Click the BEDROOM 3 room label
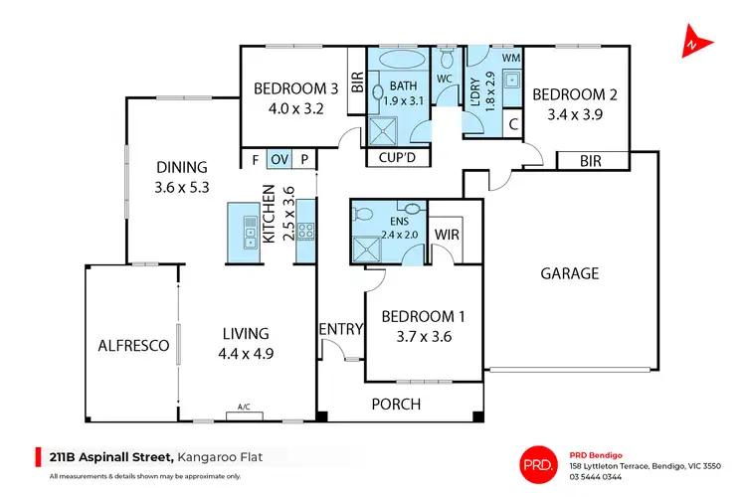(x=295, y=88)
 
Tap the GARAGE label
(x=569, y=273)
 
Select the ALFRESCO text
(x=133, y=346)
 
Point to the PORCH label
(x=396, y=404)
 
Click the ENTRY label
(x=339, y=330)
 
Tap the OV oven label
(x=280, y=159)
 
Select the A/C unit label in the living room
(x=244, y=407)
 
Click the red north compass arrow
(x=692, y=45)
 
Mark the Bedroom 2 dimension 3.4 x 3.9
(x=574, y=115)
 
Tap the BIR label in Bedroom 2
(x=591, y=160)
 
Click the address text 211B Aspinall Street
(x=110, y=456)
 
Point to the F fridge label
(x=255, y=159)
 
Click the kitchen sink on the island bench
(x=247, y=235)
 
